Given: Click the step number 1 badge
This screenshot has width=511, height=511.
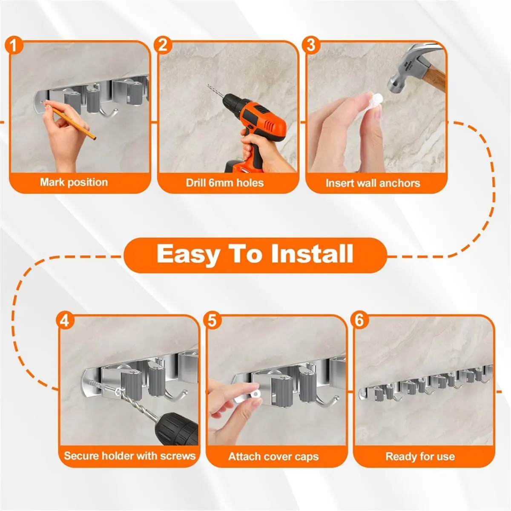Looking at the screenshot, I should point(15,45).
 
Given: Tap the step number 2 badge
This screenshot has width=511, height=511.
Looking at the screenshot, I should point(163,45).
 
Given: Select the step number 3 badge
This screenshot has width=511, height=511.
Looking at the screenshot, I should point(311,45).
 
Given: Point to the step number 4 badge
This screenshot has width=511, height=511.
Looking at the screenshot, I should point(64,320).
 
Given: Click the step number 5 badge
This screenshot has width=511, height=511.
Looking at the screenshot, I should point(212,320).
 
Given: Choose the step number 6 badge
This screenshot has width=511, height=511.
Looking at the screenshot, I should point(360,320).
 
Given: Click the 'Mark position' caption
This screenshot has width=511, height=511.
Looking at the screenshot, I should point(74,182).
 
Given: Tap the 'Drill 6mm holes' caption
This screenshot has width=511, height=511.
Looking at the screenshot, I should point(224,183).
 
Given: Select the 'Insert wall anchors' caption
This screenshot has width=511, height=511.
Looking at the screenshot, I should point(373,183).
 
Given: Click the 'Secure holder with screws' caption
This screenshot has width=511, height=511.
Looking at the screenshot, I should point(129,456).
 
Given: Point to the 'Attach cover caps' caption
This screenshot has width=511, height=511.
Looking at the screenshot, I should point(273,457).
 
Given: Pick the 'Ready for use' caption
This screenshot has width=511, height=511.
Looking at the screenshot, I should point(420,457).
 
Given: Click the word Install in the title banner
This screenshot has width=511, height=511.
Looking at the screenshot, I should point(312,254).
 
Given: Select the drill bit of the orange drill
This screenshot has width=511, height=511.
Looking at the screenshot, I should point(215,96).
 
